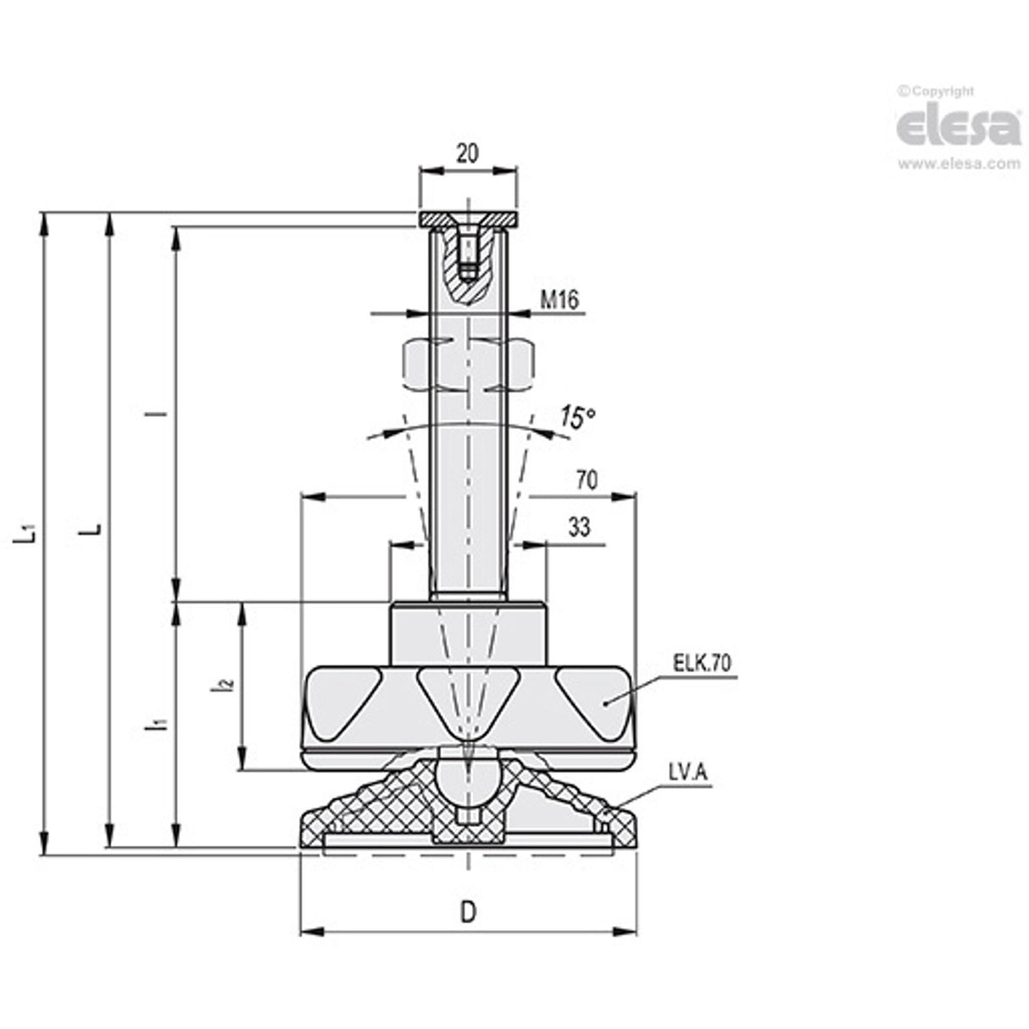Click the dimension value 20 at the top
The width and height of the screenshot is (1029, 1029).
tap(467, 153)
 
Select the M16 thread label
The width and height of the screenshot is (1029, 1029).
tap(559, 299)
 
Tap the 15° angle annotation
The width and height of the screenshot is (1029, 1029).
tap(577, 418)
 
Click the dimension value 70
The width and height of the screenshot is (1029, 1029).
tap(587, 481)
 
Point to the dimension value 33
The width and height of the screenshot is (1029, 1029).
tap(579, 528)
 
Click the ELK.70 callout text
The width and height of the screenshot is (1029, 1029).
tap(702, 664)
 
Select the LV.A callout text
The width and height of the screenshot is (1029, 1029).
tap(687, 772)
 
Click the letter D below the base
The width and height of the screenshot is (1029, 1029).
tap(468, 912)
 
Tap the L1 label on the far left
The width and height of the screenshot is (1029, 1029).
tap(28, 532)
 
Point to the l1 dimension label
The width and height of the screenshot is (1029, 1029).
tap(158, 724)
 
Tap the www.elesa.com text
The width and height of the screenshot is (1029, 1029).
tap(959, 164)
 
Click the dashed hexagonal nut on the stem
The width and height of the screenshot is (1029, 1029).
tap(468, 365)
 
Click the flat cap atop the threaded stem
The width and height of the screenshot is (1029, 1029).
tap(468, 220)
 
